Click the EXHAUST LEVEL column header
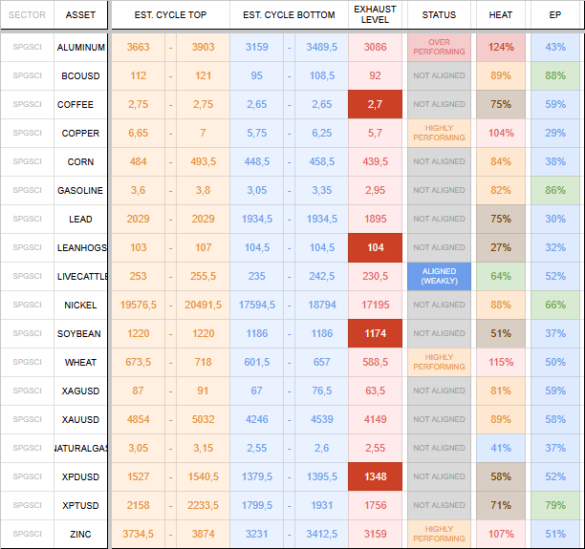375,14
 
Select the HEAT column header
500,15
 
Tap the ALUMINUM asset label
81,48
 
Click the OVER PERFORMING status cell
439,47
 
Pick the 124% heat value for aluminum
501,47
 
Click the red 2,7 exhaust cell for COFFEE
375,104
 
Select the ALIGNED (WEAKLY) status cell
439,276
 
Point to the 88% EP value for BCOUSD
555,75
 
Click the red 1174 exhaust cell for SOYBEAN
375,333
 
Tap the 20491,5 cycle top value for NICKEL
203,305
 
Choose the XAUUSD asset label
80,420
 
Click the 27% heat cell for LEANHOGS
501,247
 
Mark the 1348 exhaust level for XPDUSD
375,476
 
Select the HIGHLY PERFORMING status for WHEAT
439,362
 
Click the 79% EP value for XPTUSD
555,505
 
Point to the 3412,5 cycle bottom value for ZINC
321,534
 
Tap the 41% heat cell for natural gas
501,448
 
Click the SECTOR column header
27,15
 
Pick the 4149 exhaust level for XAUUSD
375,419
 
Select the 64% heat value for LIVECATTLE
501,276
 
